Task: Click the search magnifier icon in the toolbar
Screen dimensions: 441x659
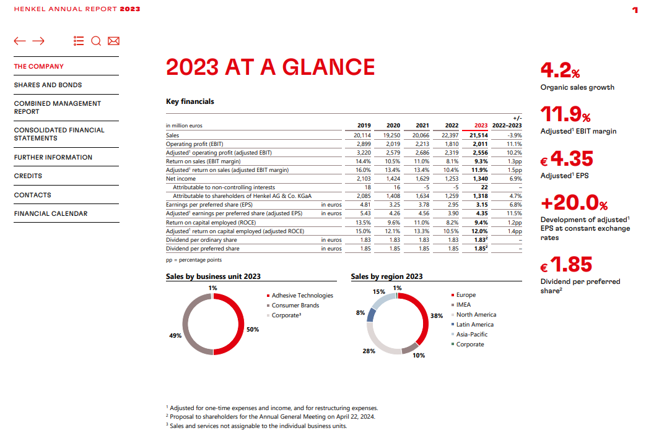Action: [95, 41]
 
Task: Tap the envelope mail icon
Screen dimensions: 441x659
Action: [113, 41]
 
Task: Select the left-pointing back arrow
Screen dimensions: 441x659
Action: [20, 41]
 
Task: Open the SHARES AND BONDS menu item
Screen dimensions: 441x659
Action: [48, 85]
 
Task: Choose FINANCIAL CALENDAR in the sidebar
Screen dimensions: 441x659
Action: [51, 213]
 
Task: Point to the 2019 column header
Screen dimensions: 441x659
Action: [364, 126]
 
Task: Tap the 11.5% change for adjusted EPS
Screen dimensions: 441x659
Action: [514, 213]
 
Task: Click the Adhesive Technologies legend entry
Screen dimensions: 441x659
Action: [302, 296]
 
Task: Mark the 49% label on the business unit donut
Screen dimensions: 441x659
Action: [175, 335]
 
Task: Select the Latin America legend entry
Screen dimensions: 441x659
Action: [474, 325]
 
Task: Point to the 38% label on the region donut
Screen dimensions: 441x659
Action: [437, 315]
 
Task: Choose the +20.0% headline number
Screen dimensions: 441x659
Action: [574, 203]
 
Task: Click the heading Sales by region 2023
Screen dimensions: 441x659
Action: [386, 276]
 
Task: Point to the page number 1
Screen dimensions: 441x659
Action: [635, 9]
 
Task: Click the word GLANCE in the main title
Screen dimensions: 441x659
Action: [329, 67]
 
